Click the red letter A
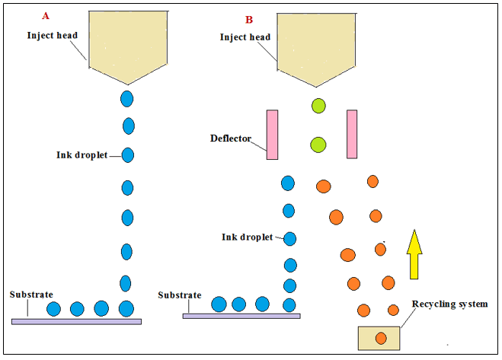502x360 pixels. click(x=46, y=16)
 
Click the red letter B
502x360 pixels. click(x=248, y=19)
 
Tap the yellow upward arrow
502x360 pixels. click(x=414, y=253)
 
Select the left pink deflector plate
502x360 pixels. click(x=272, y=135)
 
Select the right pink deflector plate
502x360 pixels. click(x=352, y=134)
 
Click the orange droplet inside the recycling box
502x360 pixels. click(x=380, y=338)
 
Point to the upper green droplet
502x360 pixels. click(x=318, y=106)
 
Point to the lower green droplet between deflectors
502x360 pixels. click(x=318, y=145)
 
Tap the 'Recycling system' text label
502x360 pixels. click(x=449, y=304)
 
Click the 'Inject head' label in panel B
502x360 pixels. click(x=245, y=37)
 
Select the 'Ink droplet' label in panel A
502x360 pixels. click(x=83, y=155)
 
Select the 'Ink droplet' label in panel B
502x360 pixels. click(x=248, y=237)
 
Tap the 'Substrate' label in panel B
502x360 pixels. click(x=180, y=295)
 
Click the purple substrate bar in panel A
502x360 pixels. click(x=76, y=321)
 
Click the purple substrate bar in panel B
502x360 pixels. click(x=241, y=315)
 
